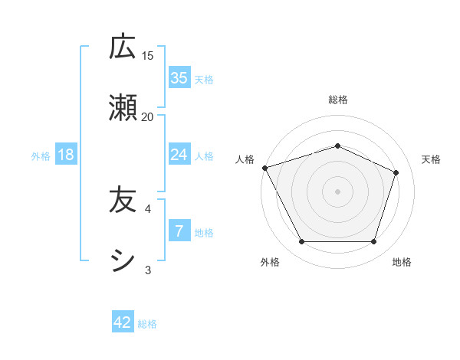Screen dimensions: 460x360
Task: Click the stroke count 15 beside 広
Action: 147,56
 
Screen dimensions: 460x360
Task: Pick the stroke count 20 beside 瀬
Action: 147,116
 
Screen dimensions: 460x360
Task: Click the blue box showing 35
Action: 179,78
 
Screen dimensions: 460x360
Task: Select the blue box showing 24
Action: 179,155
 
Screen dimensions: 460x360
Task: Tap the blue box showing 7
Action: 179,231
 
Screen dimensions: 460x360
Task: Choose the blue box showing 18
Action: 66,155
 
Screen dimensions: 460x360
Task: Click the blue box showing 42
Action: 123,322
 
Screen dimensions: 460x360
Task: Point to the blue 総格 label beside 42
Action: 147,324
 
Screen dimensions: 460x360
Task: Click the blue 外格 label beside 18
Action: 41,156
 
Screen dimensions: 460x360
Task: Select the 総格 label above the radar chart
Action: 337,100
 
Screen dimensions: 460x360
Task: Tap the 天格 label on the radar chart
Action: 432,159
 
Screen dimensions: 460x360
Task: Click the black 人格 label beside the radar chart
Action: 245,159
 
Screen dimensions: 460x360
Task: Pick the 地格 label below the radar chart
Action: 402,263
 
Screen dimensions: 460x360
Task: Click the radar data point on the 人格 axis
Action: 264,168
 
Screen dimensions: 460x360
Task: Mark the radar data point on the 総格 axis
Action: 337,146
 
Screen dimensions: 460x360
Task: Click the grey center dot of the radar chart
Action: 337,191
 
